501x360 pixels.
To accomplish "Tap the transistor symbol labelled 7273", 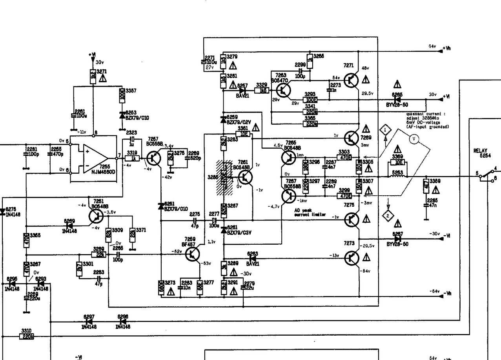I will coord(351,258).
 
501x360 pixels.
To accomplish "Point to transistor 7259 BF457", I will coord(193,254).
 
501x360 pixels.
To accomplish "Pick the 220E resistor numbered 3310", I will coord(27,336).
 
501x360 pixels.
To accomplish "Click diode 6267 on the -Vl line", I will coord(397,238).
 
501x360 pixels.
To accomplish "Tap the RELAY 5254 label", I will coord(481,152).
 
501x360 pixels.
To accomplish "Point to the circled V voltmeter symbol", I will coord(413,138).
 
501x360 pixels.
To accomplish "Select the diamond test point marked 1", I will coord(385,129).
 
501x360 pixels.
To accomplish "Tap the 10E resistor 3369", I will coord(398,162).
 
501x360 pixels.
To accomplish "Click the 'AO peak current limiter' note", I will coord(310,212).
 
